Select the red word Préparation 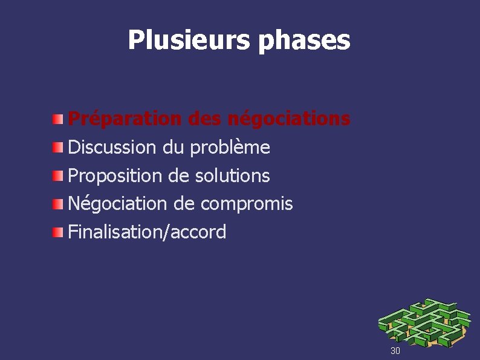pos(125,119)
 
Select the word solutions pos(233,175)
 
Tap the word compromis pos(246,205)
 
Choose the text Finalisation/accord pos(147,232)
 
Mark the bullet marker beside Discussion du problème pos(57,147)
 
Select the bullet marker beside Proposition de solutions pos(57,175)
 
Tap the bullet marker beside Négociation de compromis pos(57,204)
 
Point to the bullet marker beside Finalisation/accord pos(57,232)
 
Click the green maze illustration pos(423,322)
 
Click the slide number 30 pos(395,351)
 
